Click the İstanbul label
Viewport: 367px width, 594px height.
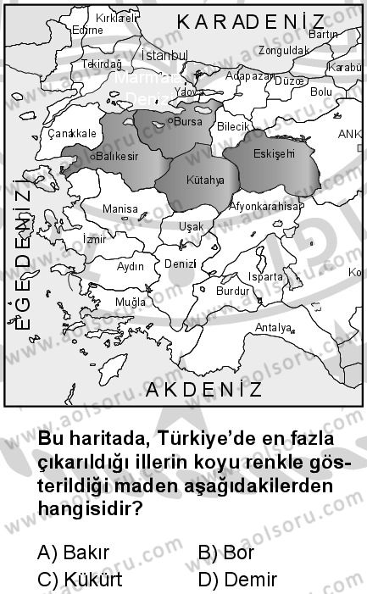point(162,55)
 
